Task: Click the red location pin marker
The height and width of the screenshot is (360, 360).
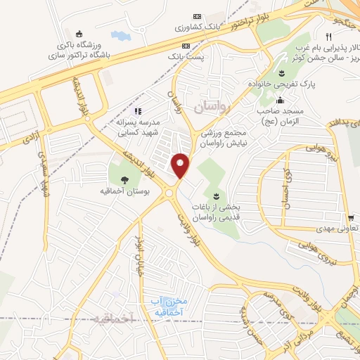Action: (x=181, y=165)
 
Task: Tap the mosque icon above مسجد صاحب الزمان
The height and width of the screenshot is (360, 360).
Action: (x=281, y=100)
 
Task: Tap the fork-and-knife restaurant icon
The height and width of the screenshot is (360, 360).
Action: (x=328, y=37)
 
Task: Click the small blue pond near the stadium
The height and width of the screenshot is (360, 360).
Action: (x=120, y=34)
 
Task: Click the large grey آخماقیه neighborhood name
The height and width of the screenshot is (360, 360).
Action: (x=112, y=319)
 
